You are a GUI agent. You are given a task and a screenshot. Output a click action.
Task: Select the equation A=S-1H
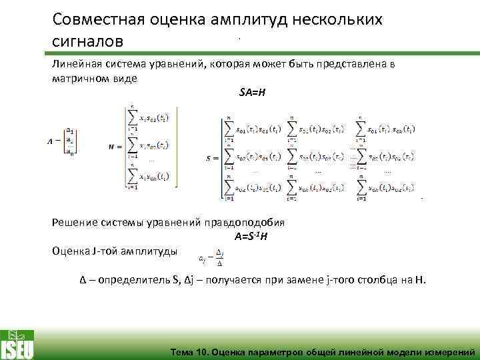point(251,237)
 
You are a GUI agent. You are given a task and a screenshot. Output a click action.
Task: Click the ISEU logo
point(18,343)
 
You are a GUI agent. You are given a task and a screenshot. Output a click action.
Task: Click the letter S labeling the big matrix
point(210,159)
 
